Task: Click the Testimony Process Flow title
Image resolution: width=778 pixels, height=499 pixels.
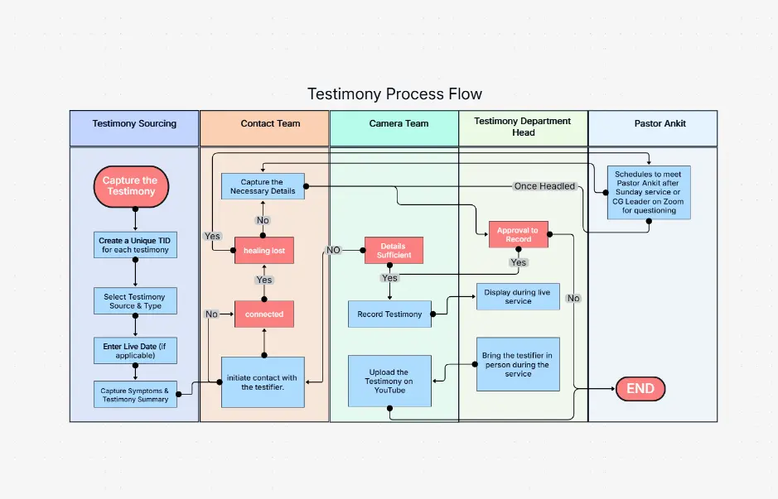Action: (x=394, y=94)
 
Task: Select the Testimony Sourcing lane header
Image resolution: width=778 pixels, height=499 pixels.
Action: (x=134, y=124)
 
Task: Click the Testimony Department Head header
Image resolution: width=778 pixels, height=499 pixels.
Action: (x=523, y=127)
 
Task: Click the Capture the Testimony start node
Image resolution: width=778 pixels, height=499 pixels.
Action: (x=130, y=186)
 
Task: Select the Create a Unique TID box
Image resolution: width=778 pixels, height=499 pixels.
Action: (x=135, y=245)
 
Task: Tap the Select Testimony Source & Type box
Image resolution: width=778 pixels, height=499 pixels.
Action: (x=135, y=301)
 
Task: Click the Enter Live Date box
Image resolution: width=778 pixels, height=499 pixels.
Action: (x=135, y=349)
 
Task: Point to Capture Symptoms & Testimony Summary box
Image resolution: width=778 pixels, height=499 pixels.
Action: (x=135, y=395)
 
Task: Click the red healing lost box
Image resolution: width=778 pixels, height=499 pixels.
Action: (x=264, y=250)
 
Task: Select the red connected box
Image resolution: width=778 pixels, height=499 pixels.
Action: (x=264, y=314)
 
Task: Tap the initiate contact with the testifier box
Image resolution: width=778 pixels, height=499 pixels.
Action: (x=263, y=382)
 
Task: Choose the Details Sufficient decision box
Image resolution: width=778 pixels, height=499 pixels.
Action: (x=394, y=251)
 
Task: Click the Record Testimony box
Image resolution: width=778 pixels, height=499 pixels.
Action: (x=389, y=314)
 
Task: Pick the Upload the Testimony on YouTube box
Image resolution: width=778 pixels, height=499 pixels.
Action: (x=389, y=381)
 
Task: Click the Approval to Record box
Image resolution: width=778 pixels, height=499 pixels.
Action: (x=518, y=235)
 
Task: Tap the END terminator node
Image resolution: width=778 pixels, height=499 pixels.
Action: (x=640, y=389)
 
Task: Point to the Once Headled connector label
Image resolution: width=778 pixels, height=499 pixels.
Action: (x=544, y=186)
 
